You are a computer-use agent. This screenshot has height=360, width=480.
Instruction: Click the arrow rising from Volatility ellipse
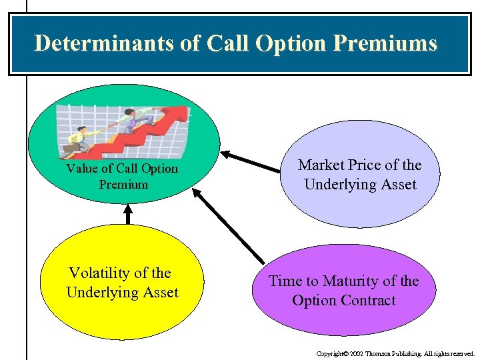tap(128, 214)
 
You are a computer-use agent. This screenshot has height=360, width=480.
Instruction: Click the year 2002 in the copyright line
tap(357, 353)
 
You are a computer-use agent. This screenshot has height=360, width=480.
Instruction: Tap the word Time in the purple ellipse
tap(285, 281)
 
